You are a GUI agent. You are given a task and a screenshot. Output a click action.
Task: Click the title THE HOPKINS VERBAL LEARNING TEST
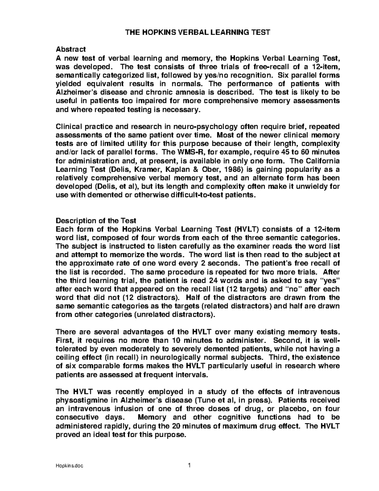pos(198,32)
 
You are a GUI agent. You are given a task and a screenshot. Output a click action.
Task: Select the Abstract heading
pos(70,49)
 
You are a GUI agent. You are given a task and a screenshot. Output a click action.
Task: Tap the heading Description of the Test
pos(96,220)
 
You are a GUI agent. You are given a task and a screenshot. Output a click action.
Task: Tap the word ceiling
pos(66,358)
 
